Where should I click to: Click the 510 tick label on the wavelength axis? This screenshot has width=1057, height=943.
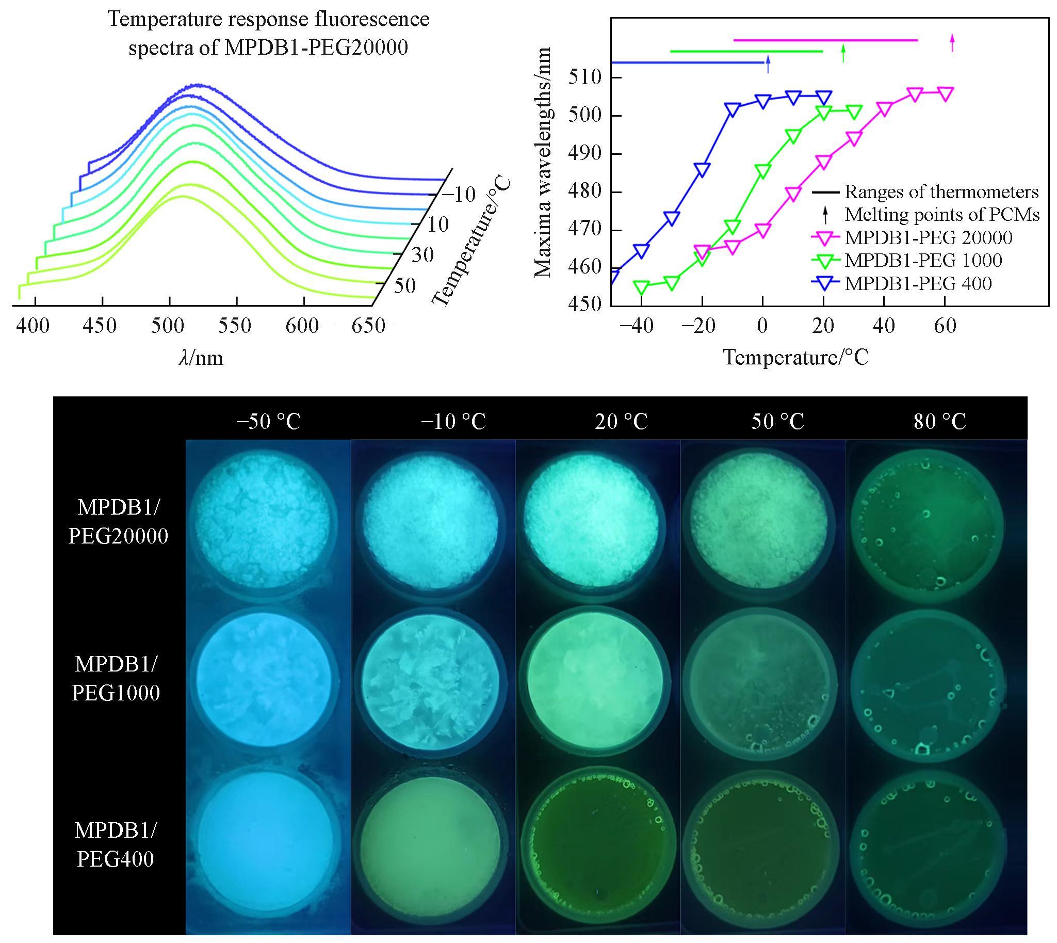point(584,77)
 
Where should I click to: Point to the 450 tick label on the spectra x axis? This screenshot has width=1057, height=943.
point(100,326)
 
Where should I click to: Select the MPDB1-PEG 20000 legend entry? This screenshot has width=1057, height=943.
point(928,237)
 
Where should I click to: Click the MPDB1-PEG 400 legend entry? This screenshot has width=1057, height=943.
point(918,283)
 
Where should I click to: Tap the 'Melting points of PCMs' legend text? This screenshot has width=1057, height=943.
point(941,215)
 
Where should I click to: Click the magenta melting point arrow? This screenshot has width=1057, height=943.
point(952,42)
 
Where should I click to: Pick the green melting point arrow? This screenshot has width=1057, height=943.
point(843,53)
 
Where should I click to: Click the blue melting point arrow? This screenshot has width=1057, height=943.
point(768,64)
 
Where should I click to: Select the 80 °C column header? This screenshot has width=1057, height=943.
point(939,421)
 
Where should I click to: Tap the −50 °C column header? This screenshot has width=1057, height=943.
point(268,421)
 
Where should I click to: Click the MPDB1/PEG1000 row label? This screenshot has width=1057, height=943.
point(116,678)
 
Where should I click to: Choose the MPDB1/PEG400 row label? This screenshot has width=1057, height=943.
point(116,844)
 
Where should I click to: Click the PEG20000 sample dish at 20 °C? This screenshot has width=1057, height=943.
point(591,521)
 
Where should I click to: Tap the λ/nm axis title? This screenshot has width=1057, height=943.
point(201,358)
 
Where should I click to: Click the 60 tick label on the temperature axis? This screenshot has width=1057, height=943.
point(945,326)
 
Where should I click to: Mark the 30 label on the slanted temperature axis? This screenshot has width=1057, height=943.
point(422,255)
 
